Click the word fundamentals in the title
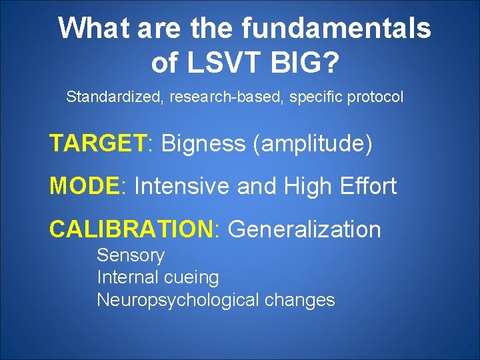coord(336,29)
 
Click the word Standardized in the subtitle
coord(114,97)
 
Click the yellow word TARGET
coord(97,143)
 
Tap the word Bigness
coord(203,143)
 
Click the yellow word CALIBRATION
coord(130,229)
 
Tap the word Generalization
coord(304,230)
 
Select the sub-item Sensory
coord(131,255)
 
